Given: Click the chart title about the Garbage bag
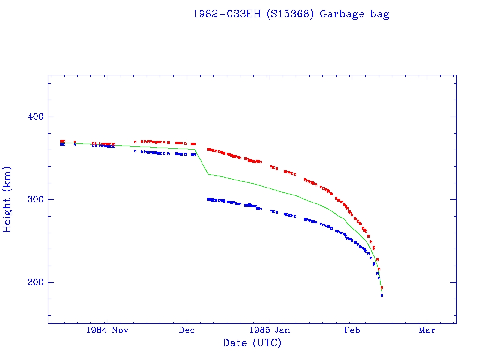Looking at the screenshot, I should tap(291, 14).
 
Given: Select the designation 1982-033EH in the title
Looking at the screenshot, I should tap(227, 14).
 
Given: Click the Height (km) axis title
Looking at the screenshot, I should tap(7, 199).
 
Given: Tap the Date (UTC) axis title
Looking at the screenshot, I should tap(252, 343).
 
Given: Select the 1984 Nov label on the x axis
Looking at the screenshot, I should tap(107, 330).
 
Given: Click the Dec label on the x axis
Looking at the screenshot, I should tap(187, 330).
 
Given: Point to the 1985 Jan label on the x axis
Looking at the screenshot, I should tap(270, 330).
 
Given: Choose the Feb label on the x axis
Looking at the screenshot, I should tap(352, 330).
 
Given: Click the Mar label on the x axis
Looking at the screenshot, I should tap(427, 330).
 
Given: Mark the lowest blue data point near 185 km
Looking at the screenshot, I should tap(382, 295).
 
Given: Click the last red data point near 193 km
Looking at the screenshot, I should tap(382, 288).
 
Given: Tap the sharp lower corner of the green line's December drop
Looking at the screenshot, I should tap(208, 174).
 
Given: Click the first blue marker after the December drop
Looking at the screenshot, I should tap(208, 199).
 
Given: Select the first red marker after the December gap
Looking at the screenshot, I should tap(208, 150).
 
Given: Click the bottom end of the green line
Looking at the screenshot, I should tap(382, 292).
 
